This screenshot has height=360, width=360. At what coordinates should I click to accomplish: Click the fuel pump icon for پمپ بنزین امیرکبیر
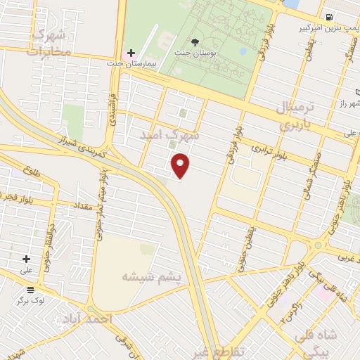(x=329, y=17)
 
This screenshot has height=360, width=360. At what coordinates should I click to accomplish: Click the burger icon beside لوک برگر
(x=31, y=289)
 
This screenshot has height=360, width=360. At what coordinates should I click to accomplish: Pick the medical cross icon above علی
(x=27, y=259)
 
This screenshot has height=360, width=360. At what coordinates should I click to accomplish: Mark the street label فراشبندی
(x=112, y=110)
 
